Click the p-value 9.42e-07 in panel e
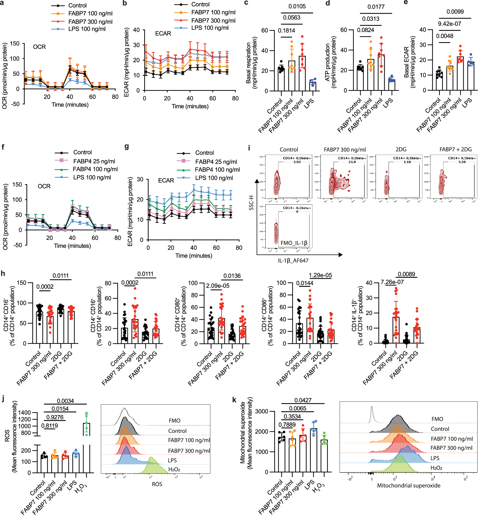pos(449,24)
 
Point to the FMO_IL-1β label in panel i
pos(294,243)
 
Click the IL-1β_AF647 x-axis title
pos(293,261)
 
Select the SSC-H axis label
pos(251,203)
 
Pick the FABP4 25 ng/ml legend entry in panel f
pos(94,161)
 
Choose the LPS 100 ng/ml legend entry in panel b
pos(210,28)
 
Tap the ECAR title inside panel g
pos(166,180)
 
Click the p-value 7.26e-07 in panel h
pos(392,282)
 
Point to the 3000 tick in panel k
pos(262,411)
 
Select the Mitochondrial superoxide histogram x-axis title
pos(408,485)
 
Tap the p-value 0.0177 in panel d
pos(376,7)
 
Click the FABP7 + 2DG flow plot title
pos(455,149)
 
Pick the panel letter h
pos(3,273)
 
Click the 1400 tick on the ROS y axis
pos(24,412)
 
